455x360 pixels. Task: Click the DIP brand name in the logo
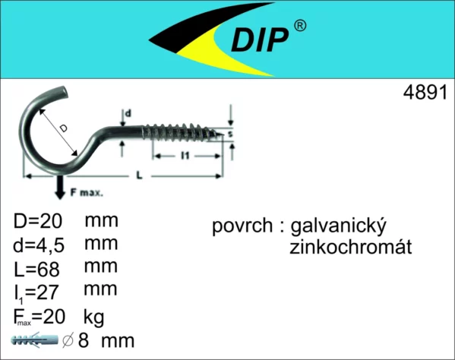click(260, 40)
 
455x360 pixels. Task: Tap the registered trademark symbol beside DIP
click(300, 26)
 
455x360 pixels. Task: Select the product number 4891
click(425, 93)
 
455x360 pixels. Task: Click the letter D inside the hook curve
click(63, 128)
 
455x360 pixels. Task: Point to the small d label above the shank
click(128, 113)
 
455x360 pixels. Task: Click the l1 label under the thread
click(185, 156)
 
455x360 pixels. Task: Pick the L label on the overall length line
click(140, 175)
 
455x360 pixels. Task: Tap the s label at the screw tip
click(230, 134)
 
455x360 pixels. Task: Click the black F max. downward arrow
click(60, 187)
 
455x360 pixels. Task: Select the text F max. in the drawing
click(87, 192)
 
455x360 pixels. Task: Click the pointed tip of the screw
click(223, 134)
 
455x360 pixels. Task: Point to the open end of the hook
click(65, 91)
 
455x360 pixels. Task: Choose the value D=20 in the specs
click(38, 221)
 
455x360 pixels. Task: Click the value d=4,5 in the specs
click(39, 245)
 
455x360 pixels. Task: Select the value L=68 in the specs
click(36, 269)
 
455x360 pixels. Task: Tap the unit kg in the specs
click(93, 317)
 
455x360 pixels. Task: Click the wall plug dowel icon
click(34, 339)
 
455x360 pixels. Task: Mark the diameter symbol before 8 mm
click(68, 340)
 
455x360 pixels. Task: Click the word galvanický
click(338, 226)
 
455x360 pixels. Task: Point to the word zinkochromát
click(350, 247)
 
